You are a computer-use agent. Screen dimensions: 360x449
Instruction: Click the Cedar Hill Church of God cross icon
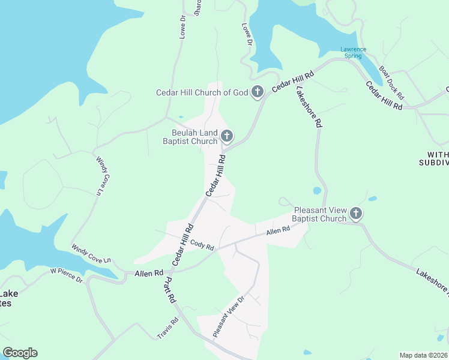[258, 92]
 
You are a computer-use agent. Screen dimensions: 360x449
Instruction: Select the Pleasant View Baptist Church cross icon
[356, 214]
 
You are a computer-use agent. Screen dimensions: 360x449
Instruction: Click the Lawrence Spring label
[351, 52]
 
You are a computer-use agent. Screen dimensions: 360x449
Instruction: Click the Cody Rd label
[202, 245]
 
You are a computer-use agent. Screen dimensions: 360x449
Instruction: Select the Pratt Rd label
[170, 289]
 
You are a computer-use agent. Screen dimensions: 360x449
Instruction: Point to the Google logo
[20, 353]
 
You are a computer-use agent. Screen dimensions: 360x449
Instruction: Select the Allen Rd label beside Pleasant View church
[278, 230]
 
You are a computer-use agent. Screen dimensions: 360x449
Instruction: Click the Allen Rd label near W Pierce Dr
[149, 273]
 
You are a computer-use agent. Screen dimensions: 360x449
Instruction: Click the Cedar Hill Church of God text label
[202, 92]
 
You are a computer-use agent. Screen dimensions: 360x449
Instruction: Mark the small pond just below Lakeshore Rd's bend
[317, 191]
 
